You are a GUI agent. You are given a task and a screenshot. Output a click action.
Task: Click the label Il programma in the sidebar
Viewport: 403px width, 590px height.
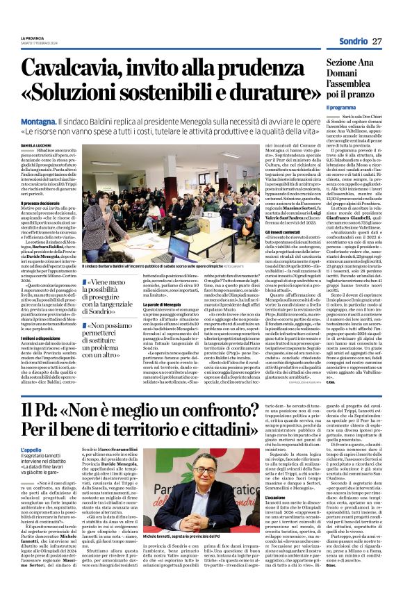(x=340, y=108)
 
